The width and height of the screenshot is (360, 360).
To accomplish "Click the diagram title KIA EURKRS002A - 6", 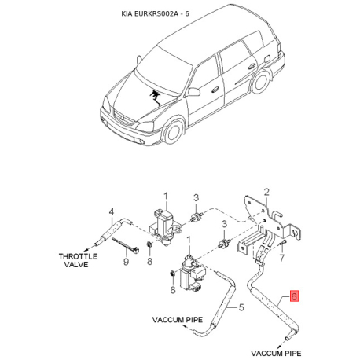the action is click(155, 13).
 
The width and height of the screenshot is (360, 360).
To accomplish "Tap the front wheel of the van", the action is click(173, 132).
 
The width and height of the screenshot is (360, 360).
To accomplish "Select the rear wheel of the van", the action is click(260, 81).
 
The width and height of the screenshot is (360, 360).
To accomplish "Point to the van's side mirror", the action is click(194, 92).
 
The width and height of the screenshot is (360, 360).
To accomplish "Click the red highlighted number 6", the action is click(294, 296).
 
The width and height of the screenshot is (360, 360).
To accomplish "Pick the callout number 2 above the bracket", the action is click(266, 193).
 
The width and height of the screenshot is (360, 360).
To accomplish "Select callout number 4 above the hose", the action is click(112, 212).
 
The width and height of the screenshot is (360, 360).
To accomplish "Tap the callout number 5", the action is click(241, 307).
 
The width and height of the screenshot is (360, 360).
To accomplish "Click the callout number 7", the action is click(281, 258).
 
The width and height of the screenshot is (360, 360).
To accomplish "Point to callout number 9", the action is click(126, 261).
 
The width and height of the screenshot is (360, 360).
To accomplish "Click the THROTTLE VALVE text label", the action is click(78, 260).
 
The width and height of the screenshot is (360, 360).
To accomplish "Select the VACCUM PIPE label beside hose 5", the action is click(178, 320).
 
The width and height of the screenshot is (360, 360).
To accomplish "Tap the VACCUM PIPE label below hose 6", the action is click(276, 353).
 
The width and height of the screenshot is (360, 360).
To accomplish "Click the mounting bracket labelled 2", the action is click(270, 222).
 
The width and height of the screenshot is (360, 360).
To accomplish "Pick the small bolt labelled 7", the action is click(283, 243).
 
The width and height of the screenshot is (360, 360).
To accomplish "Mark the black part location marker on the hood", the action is click(155, 97).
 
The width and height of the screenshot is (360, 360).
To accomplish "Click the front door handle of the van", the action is click(215, 90).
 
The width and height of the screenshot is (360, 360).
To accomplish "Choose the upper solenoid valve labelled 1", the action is click(166, 226).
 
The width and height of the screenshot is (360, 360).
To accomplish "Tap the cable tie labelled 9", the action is click(126, 245).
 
